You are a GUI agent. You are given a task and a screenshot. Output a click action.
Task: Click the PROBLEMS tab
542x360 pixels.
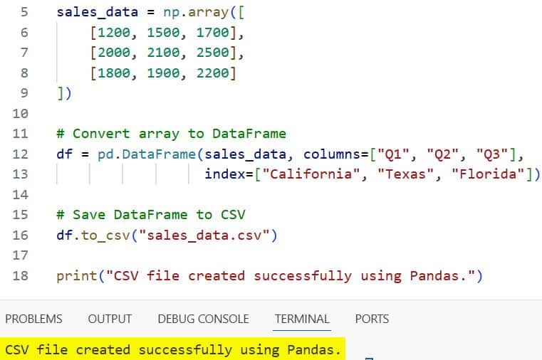tap(33, 319)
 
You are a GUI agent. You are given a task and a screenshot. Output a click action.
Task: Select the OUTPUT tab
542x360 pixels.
tap(110, 319)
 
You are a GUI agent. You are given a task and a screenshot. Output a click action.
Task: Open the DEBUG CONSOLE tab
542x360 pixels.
tap(203, 319)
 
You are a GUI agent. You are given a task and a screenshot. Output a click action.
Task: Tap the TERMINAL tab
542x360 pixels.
tap(302, 319)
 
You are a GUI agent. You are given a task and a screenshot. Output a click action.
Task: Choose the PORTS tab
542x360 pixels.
tap(372, 319)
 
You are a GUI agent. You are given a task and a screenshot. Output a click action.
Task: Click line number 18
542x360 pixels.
tap(20, 275)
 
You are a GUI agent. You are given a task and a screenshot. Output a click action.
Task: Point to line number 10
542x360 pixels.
tap(20, 113)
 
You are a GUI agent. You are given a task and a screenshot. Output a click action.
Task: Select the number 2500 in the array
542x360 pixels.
tap(217, 53)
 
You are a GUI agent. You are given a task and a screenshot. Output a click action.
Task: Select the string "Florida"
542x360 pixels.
tap(487, 174)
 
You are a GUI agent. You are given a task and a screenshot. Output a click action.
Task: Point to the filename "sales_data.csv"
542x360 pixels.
tap(209, 235)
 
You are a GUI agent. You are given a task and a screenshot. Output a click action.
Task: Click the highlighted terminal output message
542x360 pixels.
tap(172, 349)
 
